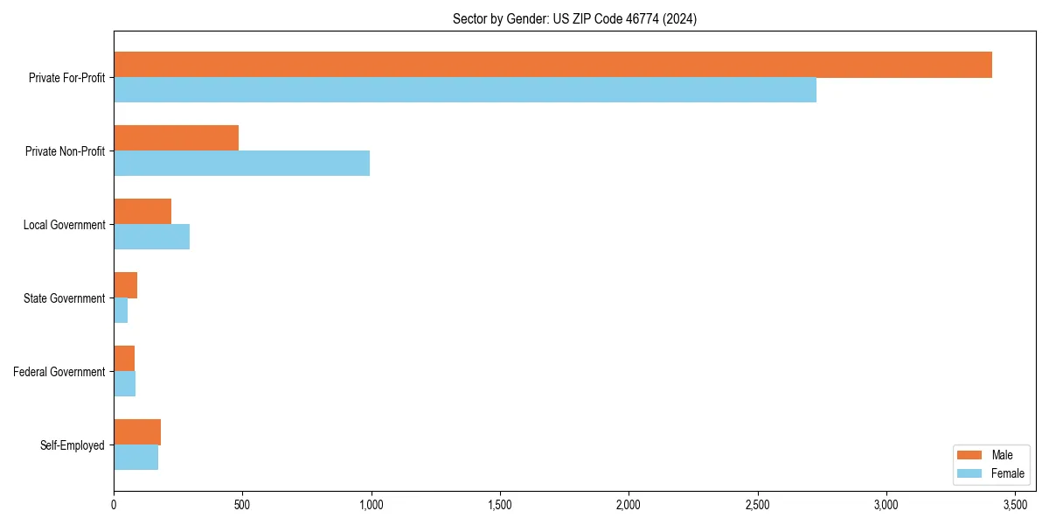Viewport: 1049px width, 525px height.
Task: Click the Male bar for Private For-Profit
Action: click(552, 65)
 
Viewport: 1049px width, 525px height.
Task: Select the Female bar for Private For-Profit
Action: click(465, 90)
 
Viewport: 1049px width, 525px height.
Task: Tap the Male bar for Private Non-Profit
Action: click(176, 138)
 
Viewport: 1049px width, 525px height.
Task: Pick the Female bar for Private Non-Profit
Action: click(241, 164)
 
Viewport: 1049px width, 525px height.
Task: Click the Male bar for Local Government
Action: click(142, 212)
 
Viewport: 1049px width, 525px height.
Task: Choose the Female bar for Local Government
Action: click(151, 237)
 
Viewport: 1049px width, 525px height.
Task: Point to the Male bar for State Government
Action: click(125, 285)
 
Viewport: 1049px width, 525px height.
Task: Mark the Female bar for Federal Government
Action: click(124, 384)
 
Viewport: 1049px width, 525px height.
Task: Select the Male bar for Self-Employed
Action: click(137, 432)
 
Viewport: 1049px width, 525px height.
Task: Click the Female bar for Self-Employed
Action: click(135, 458)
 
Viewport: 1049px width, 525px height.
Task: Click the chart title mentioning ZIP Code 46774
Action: click(574, 18)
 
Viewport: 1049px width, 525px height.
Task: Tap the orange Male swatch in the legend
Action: click(970, 455)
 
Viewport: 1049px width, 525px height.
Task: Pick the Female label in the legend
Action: click(1008, 473)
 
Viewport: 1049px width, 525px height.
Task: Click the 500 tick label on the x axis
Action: click(242, 505)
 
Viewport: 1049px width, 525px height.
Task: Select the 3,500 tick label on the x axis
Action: click(1015, 505)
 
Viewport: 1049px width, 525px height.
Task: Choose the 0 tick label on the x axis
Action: click(114, 505)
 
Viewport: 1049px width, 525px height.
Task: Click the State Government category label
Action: click(64, 298)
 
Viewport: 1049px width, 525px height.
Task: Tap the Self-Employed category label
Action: click(73, 445)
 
